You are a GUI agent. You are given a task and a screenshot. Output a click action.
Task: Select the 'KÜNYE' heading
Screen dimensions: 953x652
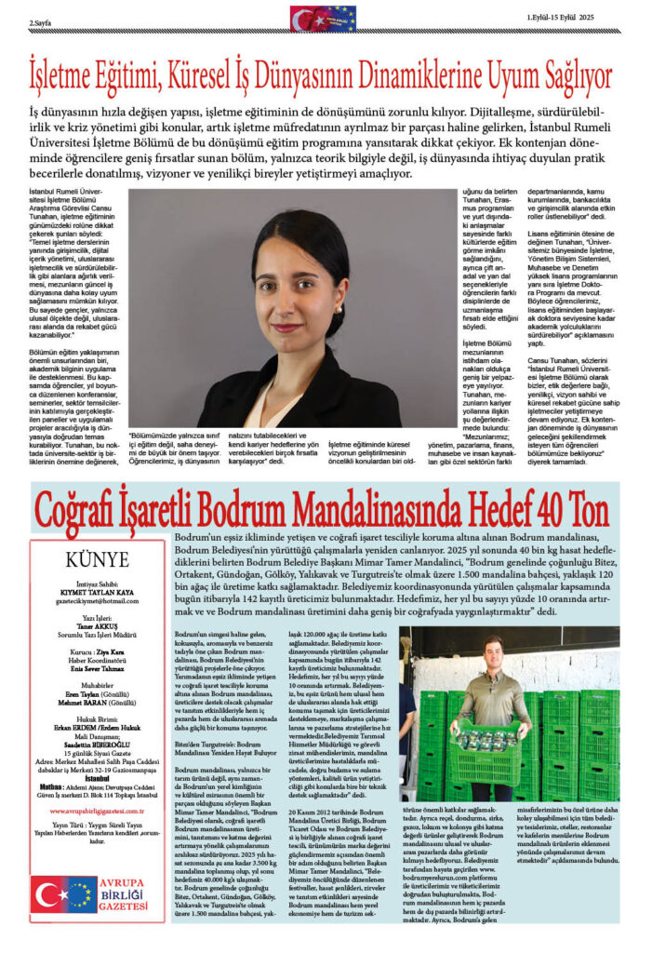tap(98, 559)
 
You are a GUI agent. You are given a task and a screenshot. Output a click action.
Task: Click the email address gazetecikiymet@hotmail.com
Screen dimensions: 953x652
tap(97, 602)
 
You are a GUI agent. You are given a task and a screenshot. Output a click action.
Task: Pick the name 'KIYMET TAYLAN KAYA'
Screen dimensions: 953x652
tap(97, 593)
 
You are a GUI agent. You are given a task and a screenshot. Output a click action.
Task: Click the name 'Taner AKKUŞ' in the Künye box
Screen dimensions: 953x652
tap(97, 625)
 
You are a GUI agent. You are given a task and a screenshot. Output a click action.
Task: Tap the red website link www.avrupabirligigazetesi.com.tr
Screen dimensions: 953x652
tap(97, 811)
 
